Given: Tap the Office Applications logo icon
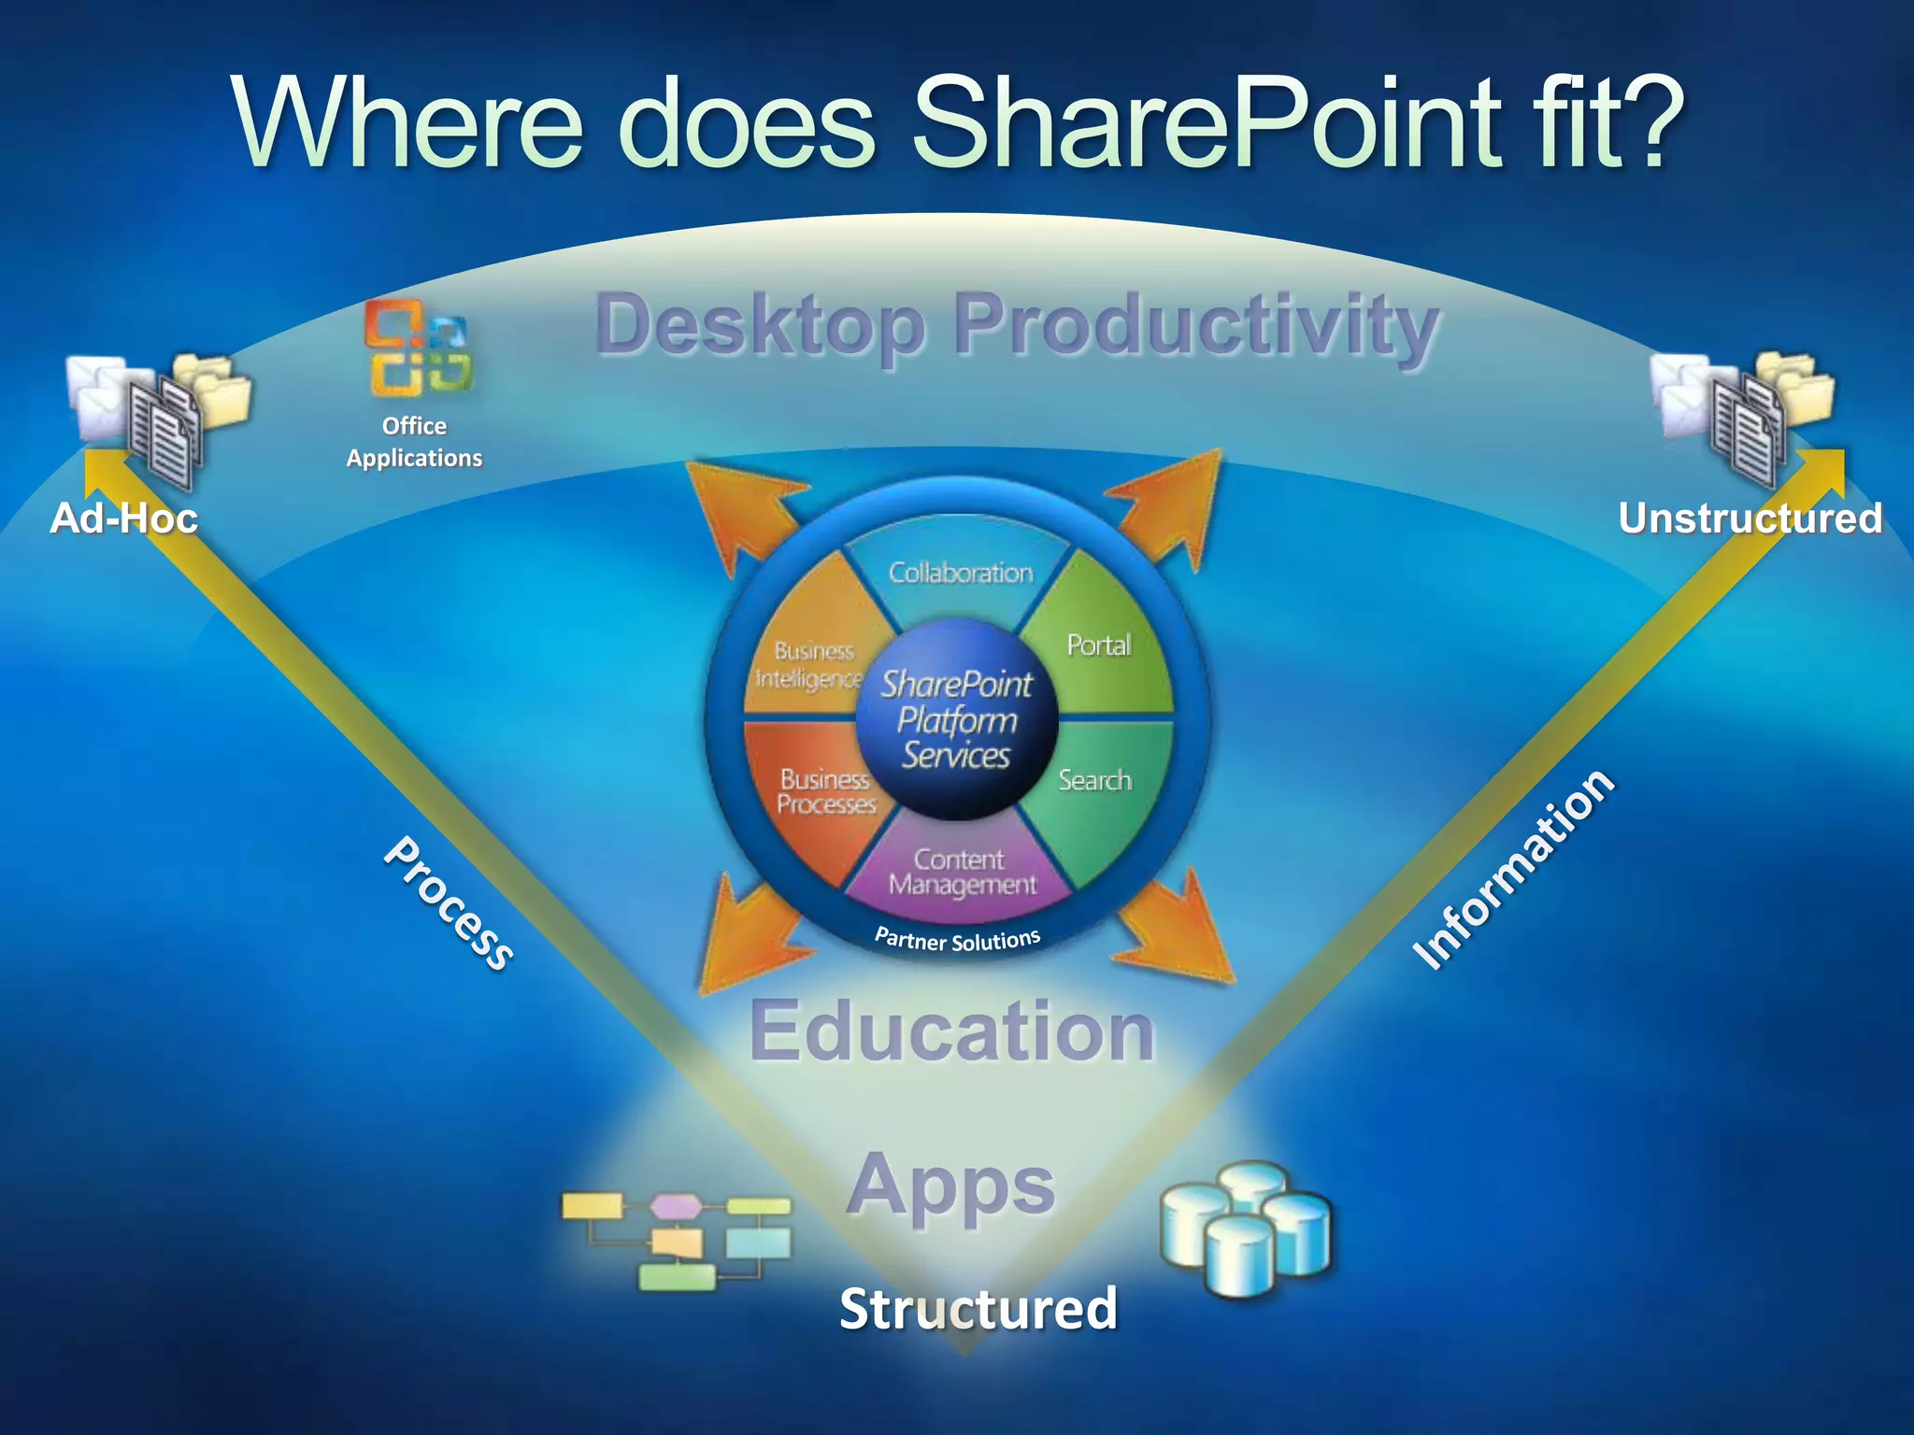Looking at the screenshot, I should pos(417,348).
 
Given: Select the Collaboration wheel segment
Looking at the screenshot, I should pos(960,571).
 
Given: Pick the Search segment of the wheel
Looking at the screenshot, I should pos(1096,781).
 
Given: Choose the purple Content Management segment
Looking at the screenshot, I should pos(962,872).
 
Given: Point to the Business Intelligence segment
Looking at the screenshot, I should pos(809,663).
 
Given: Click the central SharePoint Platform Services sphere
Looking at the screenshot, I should pos(957,720).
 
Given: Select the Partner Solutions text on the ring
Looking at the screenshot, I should pos(957,939).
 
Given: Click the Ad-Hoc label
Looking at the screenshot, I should pos(123,519).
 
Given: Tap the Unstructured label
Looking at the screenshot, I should pos(1750,519).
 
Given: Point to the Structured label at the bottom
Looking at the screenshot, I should pos(978,1308).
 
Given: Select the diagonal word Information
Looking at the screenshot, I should pos(1512,869).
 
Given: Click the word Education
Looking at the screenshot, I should pos(952,1031).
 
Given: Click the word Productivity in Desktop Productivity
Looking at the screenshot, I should pos(1195,324).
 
